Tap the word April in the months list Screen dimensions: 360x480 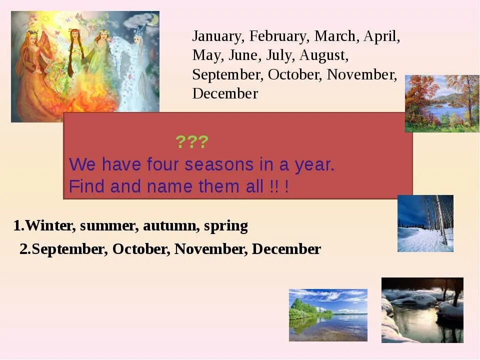[381, 36]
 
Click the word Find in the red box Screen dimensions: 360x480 [87, 186]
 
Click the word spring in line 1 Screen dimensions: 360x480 [225, 226]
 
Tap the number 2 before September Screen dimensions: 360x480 [23, 249]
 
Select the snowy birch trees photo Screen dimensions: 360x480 [425, 223]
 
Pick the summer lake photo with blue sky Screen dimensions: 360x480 [328, 315]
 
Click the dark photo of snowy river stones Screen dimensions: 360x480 [422, 310]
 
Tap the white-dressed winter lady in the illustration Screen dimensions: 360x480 [135, 65]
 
